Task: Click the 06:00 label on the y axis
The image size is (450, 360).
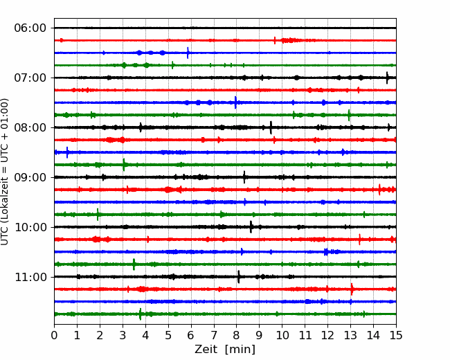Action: coord(30,28)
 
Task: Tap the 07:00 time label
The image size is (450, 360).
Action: coord(30,78)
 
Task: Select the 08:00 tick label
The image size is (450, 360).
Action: coord(30,127)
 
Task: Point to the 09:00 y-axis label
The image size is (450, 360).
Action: coord(30,177)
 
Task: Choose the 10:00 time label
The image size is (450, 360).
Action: coord(30,227)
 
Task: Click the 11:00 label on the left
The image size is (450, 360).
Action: coord(30,277)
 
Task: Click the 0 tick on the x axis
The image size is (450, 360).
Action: coord(54,335)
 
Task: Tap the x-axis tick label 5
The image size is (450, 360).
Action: coord(168,335)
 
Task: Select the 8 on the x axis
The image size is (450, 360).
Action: coord(237,335)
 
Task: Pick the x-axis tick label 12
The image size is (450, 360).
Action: coord(327,335)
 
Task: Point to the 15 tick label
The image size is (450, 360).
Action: coord(396,335)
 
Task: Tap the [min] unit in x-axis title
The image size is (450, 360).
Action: coord(240,350)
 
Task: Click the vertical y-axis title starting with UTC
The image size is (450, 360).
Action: coord(5,172)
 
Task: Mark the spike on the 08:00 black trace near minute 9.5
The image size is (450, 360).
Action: coord(271,127)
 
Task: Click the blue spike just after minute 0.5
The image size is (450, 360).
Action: coord(67,152)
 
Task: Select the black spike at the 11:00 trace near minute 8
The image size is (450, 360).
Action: coord(238,277)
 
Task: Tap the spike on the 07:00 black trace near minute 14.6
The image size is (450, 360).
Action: coord(387,78)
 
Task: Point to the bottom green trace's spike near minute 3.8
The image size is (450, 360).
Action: coord(140,314)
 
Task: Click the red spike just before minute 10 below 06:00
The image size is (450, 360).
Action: coord(275,40)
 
